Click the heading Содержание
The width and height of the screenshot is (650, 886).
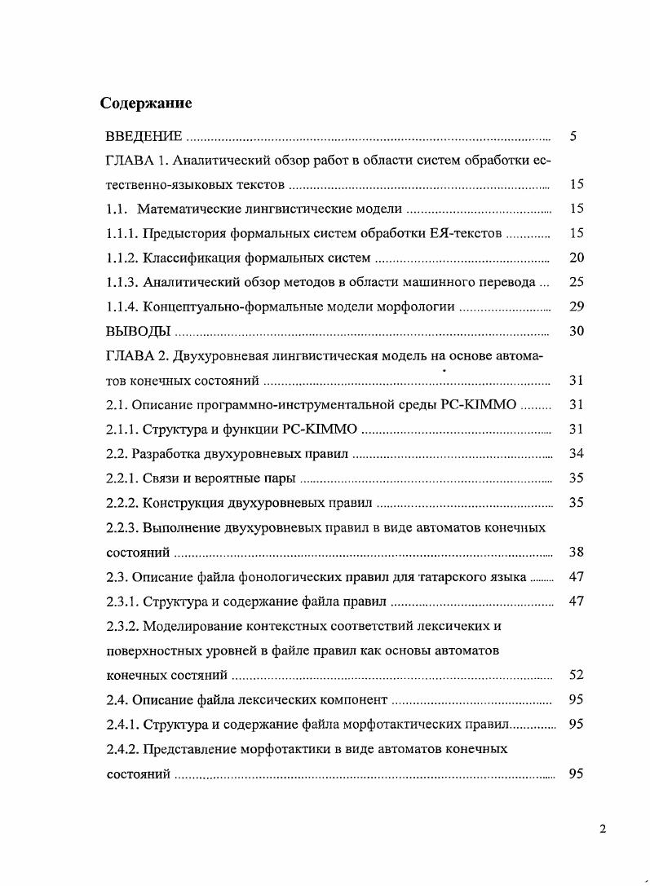[x=146, y=104]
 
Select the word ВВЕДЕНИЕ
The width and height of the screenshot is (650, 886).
[x=144, y=136]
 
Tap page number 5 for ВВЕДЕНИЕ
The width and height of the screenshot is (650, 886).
[x=574, y=136]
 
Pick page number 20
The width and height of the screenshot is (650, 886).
[x=576, y=258]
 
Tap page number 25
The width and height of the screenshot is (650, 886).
[x=576, y=282]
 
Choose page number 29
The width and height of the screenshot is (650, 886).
[x=576, y=306]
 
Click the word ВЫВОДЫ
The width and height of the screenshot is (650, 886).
[x=139, y=332]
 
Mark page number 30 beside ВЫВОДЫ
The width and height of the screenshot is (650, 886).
[x=576, y=331]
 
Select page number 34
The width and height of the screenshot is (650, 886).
[x=576, y=453]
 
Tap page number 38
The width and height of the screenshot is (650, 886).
[x=576, y=552]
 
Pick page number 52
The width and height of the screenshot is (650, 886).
[x=576, y=674]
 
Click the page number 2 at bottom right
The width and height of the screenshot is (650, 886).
[x=603, y=830]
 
